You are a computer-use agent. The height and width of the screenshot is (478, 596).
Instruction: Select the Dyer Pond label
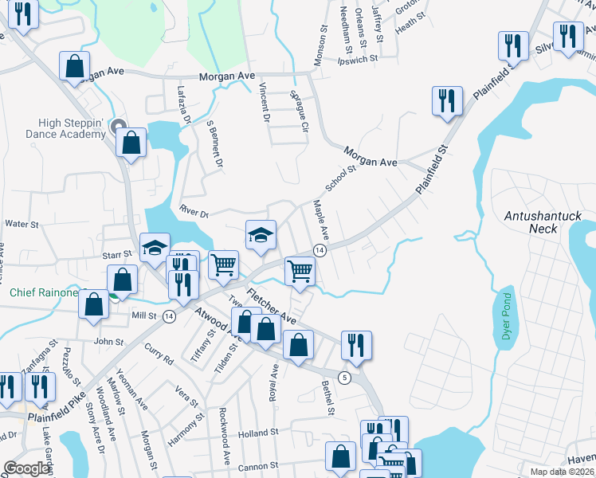tap(505, 316)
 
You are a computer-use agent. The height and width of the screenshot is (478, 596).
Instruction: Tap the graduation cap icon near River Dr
tap(261, 234)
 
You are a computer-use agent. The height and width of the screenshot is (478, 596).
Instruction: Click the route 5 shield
tap(344, 376)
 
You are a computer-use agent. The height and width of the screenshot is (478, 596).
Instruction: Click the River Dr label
tap(194, 214)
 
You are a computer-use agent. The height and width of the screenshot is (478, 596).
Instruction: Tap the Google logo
tap(26, 468)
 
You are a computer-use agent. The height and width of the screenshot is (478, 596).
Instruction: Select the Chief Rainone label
tap(44, 292)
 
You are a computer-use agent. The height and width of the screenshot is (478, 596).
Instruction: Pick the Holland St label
tap(256, 433)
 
